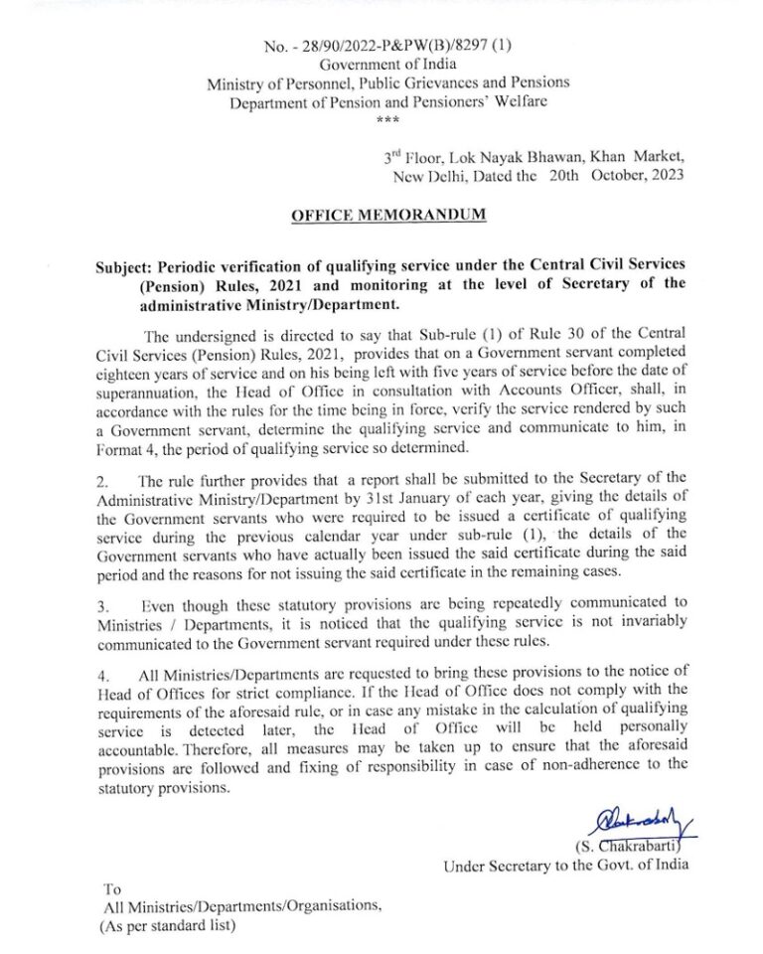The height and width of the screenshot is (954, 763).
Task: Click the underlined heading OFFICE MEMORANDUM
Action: click(388, 215)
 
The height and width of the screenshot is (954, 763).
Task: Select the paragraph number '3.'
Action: click(102, 603)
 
